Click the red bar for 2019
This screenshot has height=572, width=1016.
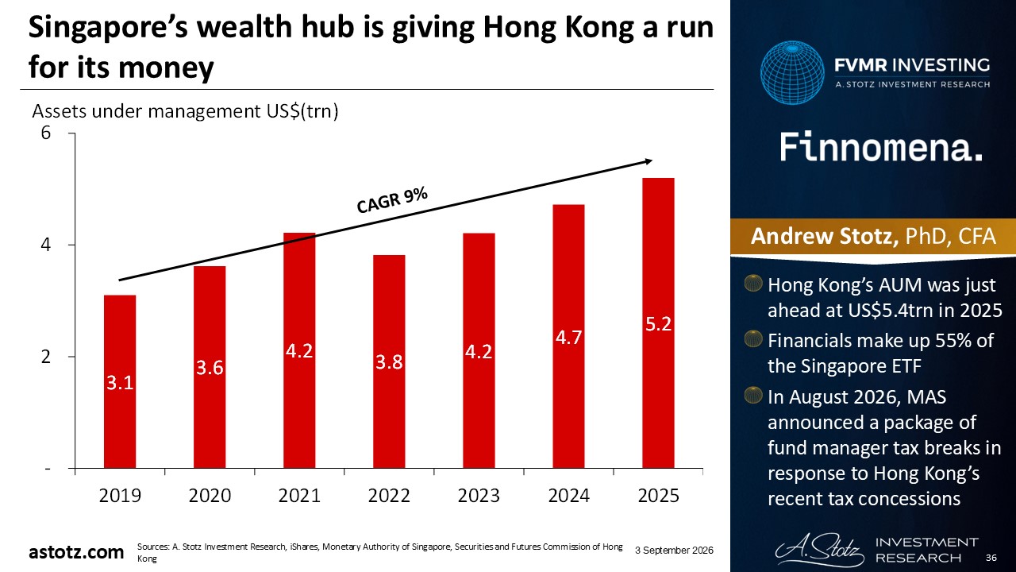[x=120, y=381]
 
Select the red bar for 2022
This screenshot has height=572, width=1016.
[x=389, y=361]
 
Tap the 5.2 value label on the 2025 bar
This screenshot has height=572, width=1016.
[x=658, y=324]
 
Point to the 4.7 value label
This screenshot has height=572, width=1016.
[x=569, y=338]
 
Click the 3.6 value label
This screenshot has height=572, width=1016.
[x=210, y=368]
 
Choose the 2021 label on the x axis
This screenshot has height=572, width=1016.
[x=299, y=495]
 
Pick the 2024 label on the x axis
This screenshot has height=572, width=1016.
[x=569, y=495]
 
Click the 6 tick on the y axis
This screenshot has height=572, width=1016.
[x=46, y=133]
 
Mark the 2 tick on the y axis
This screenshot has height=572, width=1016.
[x=46, y=357]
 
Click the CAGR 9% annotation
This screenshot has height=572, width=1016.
[x=392, y=200]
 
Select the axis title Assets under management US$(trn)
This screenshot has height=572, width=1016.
[x=185, y=111]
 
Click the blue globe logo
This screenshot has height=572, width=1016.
[x=792, y=72]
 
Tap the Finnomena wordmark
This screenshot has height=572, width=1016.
[x=881, y=148]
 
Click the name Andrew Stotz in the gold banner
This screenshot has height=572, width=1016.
[x=824, y=236]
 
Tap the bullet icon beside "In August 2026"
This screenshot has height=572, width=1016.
[x=753, y=396]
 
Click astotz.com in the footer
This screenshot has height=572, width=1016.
[x=76, y=552]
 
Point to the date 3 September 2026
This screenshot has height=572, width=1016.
[x=674, y=551]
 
